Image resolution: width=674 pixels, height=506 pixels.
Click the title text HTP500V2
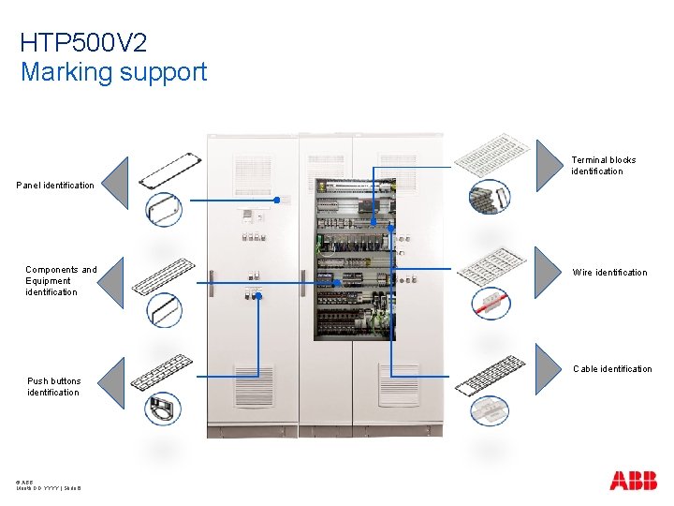pyautogui.click(x=83, y=43)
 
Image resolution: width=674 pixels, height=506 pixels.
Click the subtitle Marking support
pyautogui.click(x=113, y=72)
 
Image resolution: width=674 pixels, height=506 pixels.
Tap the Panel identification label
pyautogui.click(x=55, y=186)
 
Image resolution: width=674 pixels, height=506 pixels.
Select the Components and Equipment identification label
pyautogui.click(x=61, y=281)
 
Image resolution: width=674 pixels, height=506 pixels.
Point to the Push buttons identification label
pyautogui.click(x=53, y=387)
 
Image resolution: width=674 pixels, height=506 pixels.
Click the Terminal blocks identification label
pyautogui.click(x=603, y=166)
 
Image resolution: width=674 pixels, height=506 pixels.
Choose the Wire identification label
pyautogui.click(x=609, y=273)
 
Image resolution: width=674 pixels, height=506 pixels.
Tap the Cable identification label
pyautogui.click(x=612, y=369)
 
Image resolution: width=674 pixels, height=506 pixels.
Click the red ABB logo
pyautogui.click(x=633, y=482)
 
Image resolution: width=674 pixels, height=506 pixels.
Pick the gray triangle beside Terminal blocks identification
pyautogui.click(x=549, y=165)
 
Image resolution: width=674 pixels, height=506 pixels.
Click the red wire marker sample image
pyautogui.click(x=489, y=302)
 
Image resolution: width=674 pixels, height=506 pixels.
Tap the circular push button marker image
pyautogui.click(x=163, y=409)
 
